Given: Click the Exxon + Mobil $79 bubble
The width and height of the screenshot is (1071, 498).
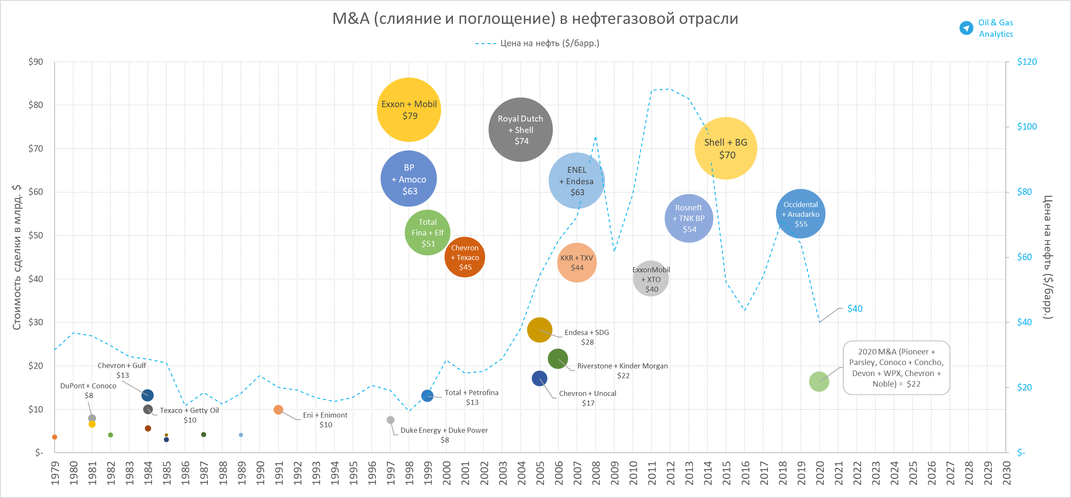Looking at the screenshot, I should [409, 110].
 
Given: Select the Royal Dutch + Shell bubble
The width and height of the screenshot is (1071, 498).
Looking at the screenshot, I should [520, 130].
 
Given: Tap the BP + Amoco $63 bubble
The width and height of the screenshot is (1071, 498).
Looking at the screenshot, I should [409, 179].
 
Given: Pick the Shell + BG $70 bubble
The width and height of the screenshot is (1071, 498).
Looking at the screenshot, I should [726, 148].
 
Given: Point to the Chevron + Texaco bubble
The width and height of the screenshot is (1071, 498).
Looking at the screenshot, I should [464, 257].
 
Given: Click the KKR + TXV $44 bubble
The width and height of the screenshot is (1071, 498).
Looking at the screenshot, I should [577, 263].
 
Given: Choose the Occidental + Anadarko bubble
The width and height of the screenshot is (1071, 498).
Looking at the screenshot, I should [800, 214].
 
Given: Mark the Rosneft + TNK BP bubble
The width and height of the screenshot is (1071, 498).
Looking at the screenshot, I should [689, 218].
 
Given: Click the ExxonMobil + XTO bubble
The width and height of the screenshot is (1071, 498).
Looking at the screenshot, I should [651, 279].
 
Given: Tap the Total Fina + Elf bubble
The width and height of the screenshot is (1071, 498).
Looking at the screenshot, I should [427, 232].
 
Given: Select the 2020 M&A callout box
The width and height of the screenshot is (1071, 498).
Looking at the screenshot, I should [896, 368].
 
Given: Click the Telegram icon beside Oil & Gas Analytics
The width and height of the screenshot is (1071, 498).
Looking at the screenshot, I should [966, 28].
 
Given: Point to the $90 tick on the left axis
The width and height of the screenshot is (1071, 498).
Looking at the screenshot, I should [36, 62].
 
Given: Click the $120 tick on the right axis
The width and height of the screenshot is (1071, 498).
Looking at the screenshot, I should [1027, 62].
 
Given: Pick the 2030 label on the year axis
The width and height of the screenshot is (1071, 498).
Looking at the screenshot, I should [1006, 473].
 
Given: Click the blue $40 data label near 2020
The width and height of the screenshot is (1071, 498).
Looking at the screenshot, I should [855, 309].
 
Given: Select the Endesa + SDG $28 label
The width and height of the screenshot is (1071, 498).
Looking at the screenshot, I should [587, 337].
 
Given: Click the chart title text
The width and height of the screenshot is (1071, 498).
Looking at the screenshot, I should [535, 19].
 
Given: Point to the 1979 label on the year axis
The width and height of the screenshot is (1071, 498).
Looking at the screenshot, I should [55, 473].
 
